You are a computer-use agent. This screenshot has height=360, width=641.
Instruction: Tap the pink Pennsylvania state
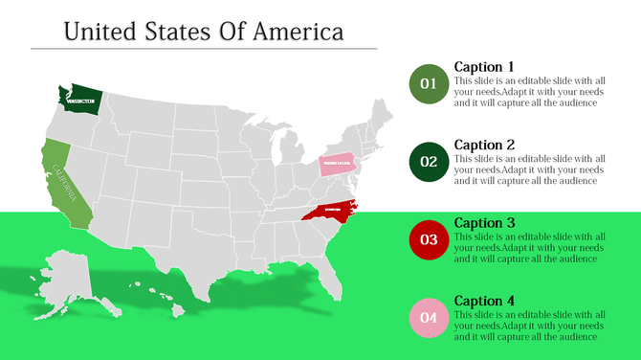click(x=337, y=164)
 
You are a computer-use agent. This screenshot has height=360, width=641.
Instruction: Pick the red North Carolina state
click(x=331, y=210)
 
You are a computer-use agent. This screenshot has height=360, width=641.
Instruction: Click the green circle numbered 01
click(x=428, y=84)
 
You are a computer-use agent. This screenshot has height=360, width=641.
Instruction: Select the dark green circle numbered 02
click(x=428, y=162)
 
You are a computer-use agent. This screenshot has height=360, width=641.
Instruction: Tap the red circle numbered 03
click(x=428, y=239)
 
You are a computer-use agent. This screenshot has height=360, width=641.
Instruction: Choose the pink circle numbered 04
click(x=428, y=318)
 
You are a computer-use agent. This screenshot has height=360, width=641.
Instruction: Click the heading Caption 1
click(x=484, y=67)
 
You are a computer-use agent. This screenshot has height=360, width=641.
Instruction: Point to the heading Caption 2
click(x=484, y=145)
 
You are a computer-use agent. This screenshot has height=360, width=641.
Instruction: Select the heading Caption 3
click(x=484, y=222)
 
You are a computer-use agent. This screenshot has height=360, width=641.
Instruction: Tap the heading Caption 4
click(x=484, y=300)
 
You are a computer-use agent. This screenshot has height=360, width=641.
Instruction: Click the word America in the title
click(x=298, y=32)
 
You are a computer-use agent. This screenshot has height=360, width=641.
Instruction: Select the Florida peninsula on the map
click(x=331, y=279)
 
